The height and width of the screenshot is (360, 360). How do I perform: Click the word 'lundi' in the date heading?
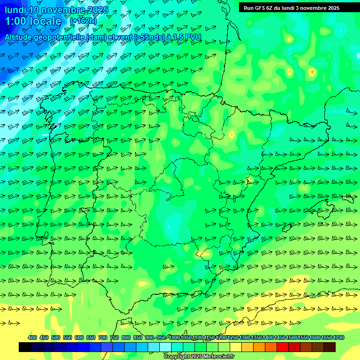pos(15,10)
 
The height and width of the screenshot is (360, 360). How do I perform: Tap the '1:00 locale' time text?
pos(33,21)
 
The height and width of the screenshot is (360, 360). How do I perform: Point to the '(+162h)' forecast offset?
pos(83,21)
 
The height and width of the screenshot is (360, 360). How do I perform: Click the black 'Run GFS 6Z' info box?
pos(292,7)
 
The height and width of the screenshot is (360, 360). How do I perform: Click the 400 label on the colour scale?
pos(32,337)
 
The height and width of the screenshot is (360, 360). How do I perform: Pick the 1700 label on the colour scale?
pos(338,337)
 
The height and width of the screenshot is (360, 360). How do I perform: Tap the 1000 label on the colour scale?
pos(174,337)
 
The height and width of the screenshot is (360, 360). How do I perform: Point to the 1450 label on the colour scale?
pos(280,337)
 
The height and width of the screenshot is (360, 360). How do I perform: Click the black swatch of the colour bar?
pos(25,347)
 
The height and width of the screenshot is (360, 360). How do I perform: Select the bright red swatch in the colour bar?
pos(283,347)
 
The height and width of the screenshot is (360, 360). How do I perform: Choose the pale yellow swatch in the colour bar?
pos(236,347)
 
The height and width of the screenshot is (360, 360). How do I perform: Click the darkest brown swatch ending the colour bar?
pos(330,347)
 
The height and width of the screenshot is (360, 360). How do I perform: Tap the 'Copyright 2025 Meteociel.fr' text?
pos(199,356)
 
